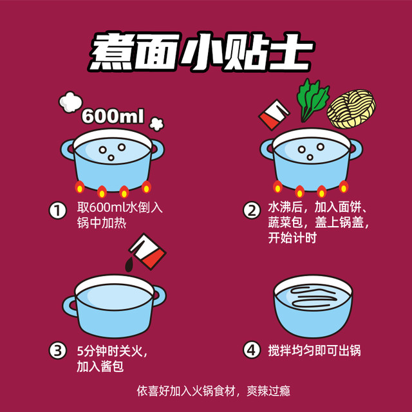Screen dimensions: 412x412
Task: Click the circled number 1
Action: click(x=58, y=211)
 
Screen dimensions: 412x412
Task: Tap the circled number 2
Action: click(x=252, y=211)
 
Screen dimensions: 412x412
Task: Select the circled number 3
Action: click(x=58, y=350)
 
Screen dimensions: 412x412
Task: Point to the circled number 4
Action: click(x=252, y=350)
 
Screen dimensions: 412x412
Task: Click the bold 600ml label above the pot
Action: click(x=113, y=116)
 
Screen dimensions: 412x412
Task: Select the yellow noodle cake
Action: click(x=351, y=109)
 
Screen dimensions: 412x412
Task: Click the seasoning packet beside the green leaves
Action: click(x=274, y=115)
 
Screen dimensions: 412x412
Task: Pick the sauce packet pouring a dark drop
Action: click(x=147, y=252)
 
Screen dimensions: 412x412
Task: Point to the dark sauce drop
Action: click(x=129, y=264)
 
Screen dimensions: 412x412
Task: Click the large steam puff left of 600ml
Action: click(x=70, y=102)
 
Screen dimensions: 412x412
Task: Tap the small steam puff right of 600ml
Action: click(x=156, y=124)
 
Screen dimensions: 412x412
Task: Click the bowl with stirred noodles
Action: click(x=313, y=306)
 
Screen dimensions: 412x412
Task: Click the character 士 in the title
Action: click(x=290, y=51)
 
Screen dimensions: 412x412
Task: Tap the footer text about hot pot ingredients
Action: click(x=213, y=391)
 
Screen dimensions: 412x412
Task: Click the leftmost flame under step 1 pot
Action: click(x=80, y=187)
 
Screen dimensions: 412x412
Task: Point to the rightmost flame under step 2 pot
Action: click(x=343, y=187)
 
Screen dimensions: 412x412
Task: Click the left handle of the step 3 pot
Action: click(x=70, y=306)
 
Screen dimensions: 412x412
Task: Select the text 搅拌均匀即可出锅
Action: click(x=314, y=350)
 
